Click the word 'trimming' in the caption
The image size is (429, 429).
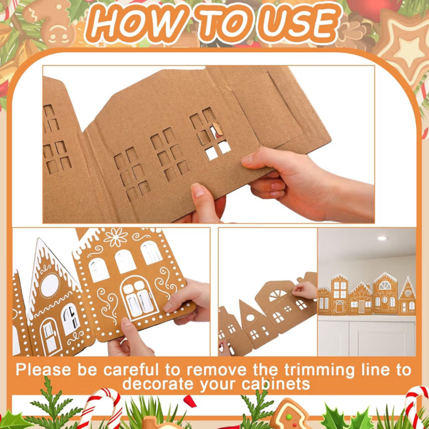(x=320, y=370)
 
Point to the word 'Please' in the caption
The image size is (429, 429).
(x=43, y=370)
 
